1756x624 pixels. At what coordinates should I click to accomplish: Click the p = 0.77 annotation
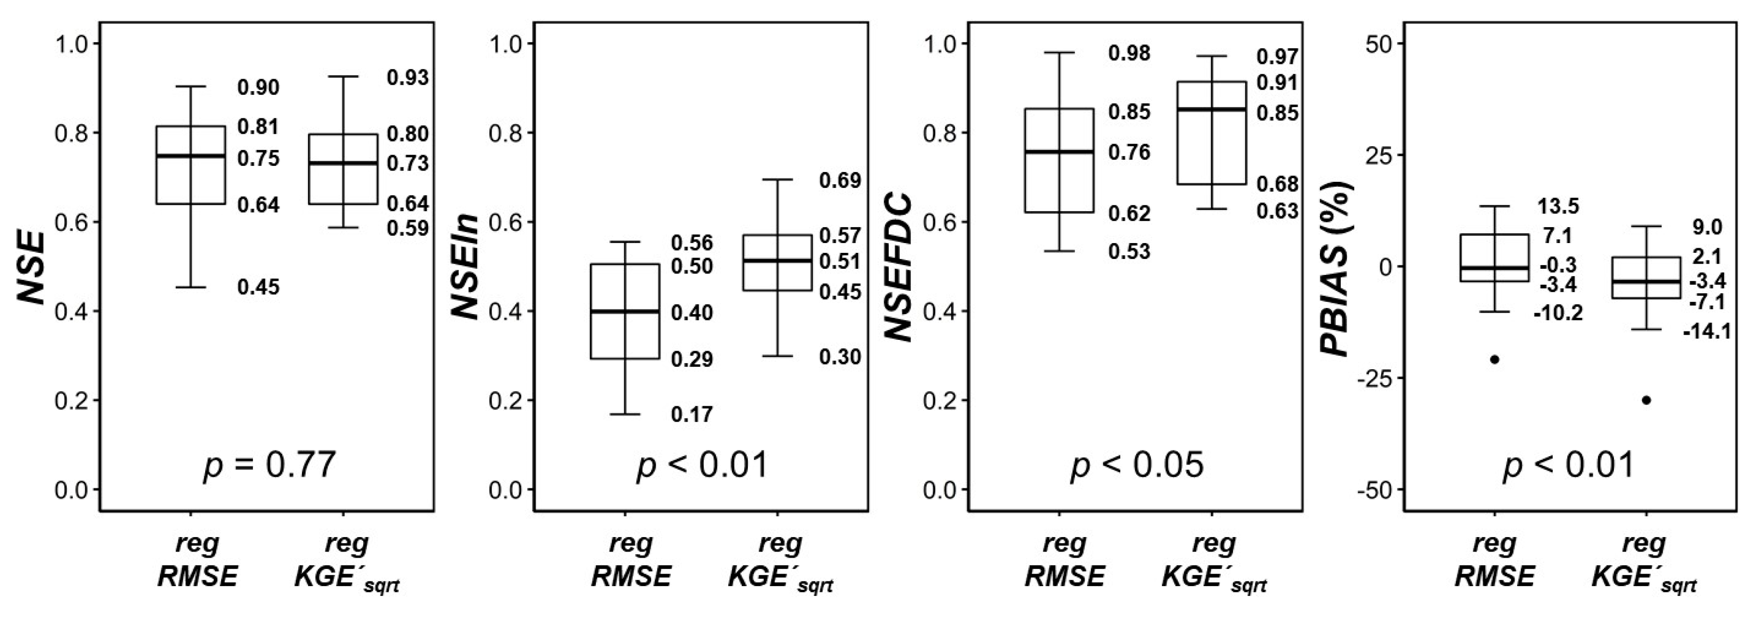269,466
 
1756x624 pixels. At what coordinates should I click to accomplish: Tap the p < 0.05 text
1136,466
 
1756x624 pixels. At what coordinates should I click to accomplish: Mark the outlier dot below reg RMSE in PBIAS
1494,359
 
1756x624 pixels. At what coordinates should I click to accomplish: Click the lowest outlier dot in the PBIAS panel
1646,400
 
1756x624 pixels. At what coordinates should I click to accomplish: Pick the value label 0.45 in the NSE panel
258,287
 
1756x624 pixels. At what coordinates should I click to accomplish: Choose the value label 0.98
1129,53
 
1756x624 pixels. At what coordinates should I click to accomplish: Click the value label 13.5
1558,206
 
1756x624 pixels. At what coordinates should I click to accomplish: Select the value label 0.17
692,414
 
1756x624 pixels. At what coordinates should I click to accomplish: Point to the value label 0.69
840,181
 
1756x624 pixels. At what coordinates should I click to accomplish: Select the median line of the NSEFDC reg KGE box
1212,109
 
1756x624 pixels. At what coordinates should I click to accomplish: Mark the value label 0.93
408,78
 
